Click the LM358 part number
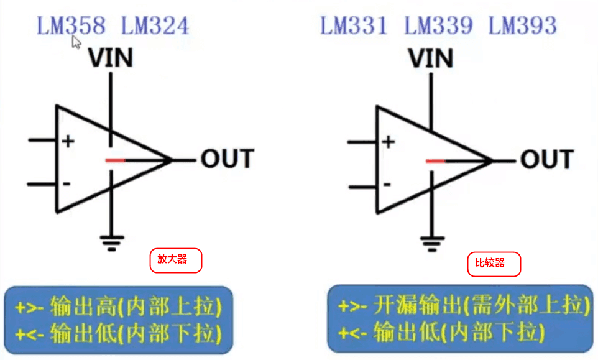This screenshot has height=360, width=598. pyautogui.click(x=71, y=26)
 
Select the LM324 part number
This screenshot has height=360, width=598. pyautogui.click(x=154, y=26)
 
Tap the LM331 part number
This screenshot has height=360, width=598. pyautogui.click(x=354, y=26)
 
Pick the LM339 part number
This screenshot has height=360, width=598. pyautogui.click(x=438, y=26)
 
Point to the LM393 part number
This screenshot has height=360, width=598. pyautogui.click(x=522, y=26)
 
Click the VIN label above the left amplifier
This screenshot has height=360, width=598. pyautogui.click(x=111, y=59)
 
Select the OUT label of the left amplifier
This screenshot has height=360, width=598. pyautogui.click(x=228, y=159)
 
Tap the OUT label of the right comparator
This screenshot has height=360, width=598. pyautogui.click(x=547, y=159)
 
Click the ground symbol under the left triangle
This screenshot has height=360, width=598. pyautogui.click(x=111, y=243)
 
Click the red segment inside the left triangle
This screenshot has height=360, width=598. pyautogui.click(x=115, y=160)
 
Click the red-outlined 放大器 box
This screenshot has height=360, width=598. pyautogui.click(x=176, y=260)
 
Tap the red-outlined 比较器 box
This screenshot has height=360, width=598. pyautogui.click(x=494, y=264)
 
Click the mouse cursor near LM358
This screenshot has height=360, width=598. pyautogui.click(x=76, y=42)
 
